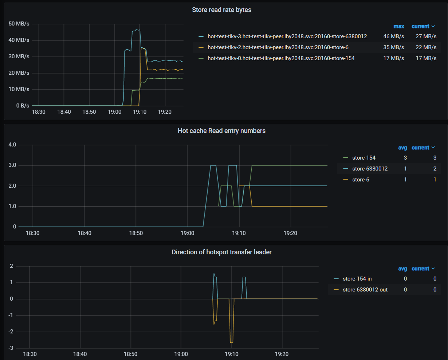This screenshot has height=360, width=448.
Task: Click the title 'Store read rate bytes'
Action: coord(221,10)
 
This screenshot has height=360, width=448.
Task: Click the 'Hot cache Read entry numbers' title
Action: coord(221,131)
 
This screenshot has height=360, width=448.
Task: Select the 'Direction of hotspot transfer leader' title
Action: coord(221,252)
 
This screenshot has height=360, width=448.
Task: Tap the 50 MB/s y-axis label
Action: coord(19,24)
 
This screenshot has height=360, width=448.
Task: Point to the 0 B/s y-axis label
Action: coord(22,106)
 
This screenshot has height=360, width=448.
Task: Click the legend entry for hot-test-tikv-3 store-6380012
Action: coord(287,36)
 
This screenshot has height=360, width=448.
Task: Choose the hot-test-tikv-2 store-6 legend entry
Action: coord(278,47)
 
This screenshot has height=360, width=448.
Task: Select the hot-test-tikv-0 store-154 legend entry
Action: coord(281,58)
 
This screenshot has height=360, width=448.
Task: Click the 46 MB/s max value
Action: coord(393,36)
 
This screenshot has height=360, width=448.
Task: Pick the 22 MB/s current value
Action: coord(426,47)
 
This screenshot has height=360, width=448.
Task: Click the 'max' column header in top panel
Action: coord(398,26)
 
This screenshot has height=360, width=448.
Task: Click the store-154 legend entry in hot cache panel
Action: coord(363,158)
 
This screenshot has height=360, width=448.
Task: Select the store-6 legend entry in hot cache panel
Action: coord(361,180)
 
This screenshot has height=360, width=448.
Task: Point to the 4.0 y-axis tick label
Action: coord(12,145)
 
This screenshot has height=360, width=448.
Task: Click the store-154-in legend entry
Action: coord(357,279)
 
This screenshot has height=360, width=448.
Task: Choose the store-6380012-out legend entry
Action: coord(365,290)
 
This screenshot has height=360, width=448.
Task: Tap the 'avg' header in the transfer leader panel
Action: coord(402,269)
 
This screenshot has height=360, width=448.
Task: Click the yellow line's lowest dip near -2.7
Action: coord(231,343)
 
